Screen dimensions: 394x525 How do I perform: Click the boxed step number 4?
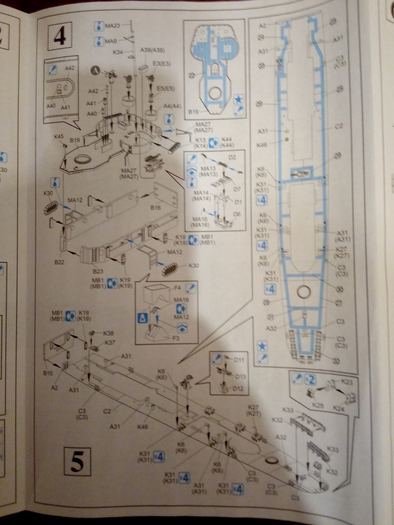tap(60, 36)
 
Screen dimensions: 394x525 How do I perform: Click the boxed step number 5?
tap(77, 461)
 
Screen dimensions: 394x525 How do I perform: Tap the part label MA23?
tap(112, 26)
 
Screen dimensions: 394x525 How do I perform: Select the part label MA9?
tap(111, 41)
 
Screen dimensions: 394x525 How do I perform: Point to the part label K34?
tap(118, 52)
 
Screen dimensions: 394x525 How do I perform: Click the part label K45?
tap(59, 137)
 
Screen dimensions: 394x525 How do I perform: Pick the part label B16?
tap(155, 207)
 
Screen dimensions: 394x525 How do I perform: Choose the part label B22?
tap(59, 262)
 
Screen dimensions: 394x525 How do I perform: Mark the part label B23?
tap(98, 271)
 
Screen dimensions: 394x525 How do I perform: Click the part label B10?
tap(48, 373)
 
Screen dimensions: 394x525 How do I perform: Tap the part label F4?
tap(177, 288)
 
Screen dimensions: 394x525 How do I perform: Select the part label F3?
tap(176, 338)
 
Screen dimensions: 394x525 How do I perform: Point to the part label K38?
tap(108, 333)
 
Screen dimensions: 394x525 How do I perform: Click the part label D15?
tap(240, 376)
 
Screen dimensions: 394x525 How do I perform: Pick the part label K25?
tap(318, 405)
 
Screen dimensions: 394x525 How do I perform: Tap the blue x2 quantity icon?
tap(310, 380)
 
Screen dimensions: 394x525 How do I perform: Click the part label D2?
tap(232, 157)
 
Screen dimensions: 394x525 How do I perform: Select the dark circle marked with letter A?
tap(95, 70)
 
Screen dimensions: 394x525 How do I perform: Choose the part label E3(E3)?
tap(162, 63)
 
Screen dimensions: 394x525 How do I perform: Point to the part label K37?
tap(110, 343)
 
